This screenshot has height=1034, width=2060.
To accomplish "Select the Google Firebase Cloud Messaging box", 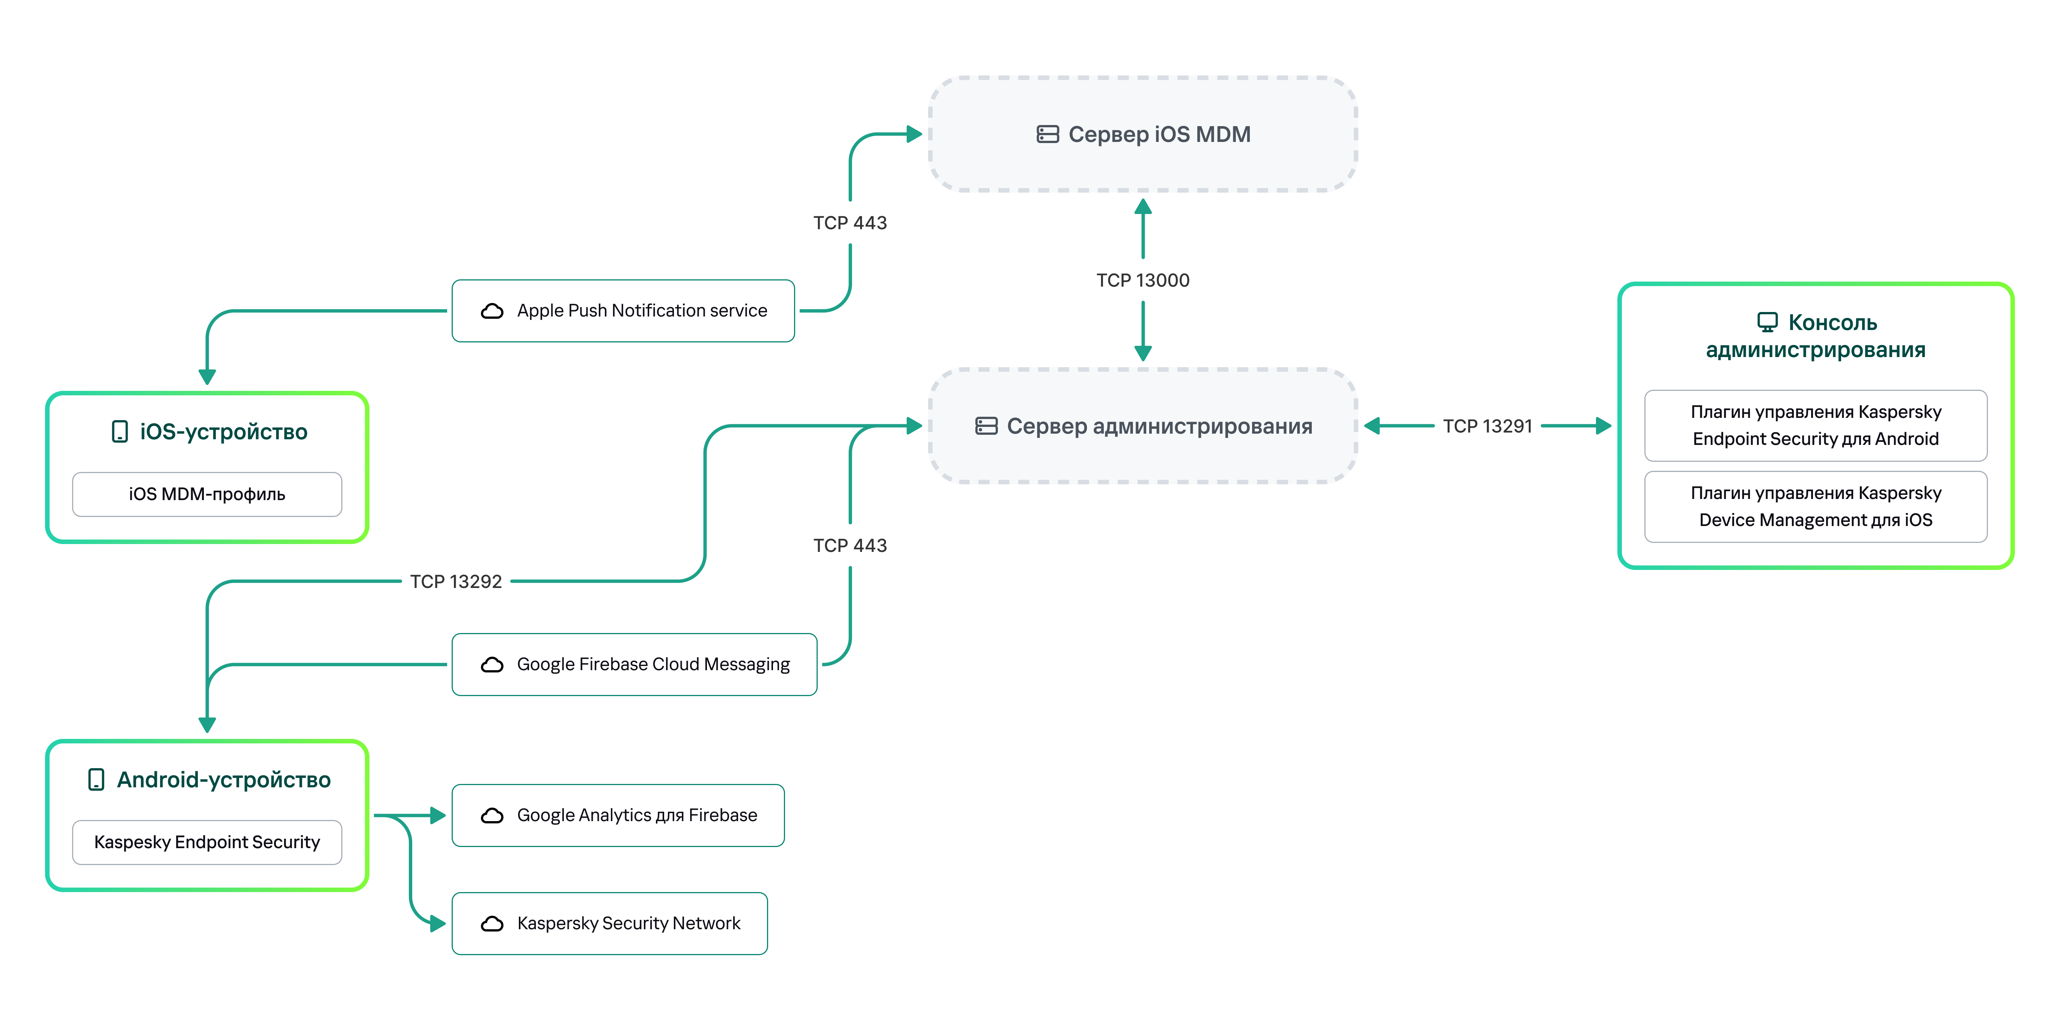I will (634, 665).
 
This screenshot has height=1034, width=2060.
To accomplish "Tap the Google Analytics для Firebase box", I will (618, 815).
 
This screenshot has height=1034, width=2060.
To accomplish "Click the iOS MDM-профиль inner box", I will (207, 494).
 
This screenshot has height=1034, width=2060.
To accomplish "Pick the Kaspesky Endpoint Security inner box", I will (207, 842).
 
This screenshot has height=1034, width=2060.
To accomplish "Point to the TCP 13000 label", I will (1143, 280).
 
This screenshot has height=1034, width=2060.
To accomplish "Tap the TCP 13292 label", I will (456, 581).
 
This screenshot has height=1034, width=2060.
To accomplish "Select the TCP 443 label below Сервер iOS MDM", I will (850, 222).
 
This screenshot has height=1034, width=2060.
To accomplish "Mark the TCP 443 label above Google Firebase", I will (850, 546).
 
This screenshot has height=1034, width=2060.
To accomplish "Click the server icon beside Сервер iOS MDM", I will (1047, 134).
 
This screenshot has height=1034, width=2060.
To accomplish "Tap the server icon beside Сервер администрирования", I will (986, 426).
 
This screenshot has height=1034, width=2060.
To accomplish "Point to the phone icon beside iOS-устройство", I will (120, 432).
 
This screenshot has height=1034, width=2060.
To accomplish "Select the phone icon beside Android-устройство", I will (96, 780).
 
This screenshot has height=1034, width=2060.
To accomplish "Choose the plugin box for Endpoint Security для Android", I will (1815, 425).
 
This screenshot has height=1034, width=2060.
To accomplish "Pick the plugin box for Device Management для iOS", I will (1815, 506).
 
